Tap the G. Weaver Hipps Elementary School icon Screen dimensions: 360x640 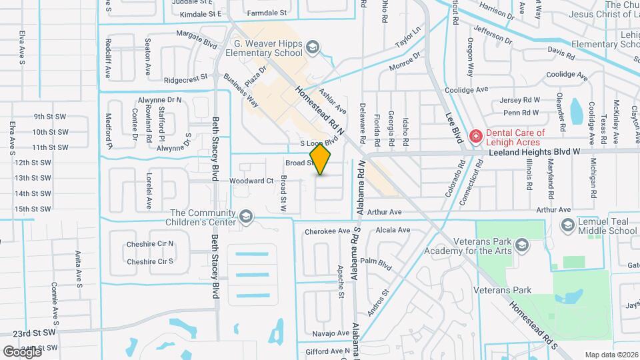[x=313, y=47]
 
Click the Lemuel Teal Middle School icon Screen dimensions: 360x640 [x=567, y=225]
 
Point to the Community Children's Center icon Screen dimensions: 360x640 [x=246, y=217]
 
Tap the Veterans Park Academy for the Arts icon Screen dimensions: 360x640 [x=521, y=245]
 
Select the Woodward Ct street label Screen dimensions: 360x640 [x=251, y=181]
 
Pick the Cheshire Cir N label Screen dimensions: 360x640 [x=150, y=244]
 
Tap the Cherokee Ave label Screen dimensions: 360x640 [x=327, y=231]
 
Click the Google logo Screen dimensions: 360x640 [x=22, y=351]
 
